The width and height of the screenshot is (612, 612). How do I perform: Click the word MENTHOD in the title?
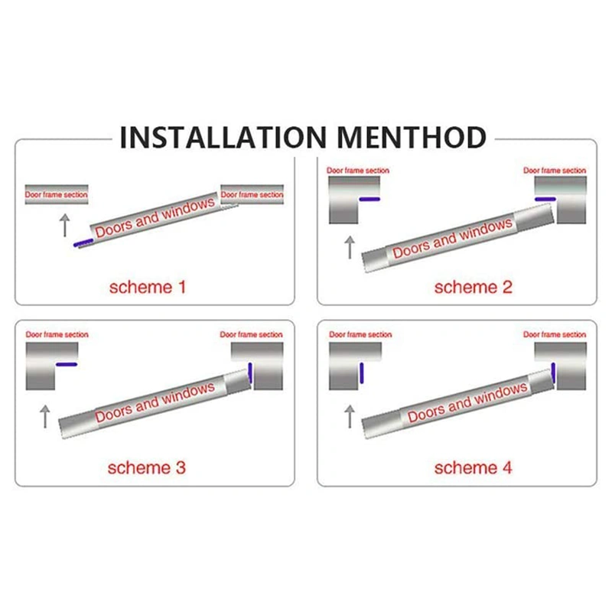coord(413,138)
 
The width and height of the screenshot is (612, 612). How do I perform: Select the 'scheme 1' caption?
coord(148,288)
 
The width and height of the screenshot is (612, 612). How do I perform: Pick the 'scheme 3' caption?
coord(148,467)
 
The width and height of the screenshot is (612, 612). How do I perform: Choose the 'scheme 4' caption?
coord(473,467)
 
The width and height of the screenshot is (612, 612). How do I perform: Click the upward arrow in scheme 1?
coord(65,225)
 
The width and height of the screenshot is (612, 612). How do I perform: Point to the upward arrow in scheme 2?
coord(350,247)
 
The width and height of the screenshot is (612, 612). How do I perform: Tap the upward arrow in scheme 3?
coord(44,416)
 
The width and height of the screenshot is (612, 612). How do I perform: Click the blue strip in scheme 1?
coord(83,243)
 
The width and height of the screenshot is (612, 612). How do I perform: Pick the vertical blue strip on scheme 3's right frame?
coord(250,373)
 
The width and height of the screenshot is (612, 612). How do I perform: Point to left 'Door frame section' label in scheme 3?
coord(57,335)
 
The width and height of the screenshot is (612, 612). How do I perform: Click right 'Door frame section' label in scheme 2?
coord(555,171)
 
